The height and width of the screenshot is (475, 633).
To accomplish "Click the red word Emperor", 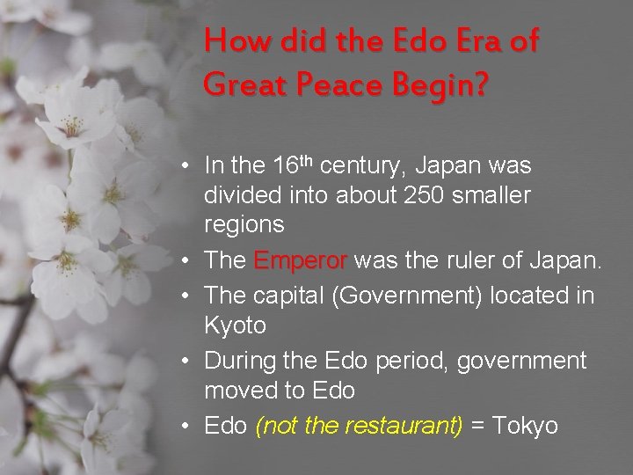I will (x=301, y=261).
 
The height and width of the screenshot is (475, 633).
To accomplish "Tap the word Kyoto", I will (x=235, y=325).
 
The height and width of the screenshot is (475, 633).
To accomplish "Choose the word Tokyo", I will (x=526, y=426).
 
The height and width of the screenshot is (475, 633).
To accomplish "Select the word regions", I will (x=244, y=224).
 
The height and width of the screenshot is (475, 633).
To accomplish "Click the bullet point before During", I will (x=190, y=362).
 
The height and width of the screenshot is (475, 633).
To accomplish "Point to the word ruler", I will (x=475, y=261).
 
